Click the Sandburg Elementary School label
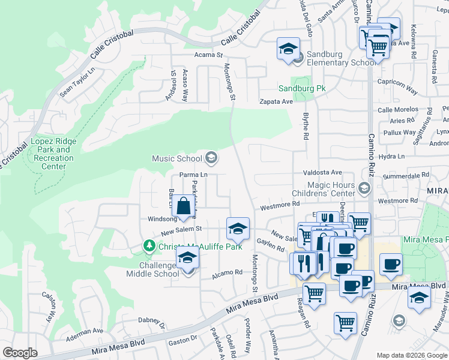[341, 58]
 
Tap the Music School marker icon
[211, 158]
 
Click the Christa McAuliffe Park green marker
[149, 246]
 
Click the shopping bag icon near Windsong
[184, 206]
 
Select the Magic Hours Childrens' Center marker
[363, 190]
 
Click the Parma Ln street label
[193, 175]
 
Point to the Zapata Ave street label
[276, 101]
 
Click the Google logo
[20, 353]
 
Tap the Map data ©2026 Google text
[412, 355]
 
